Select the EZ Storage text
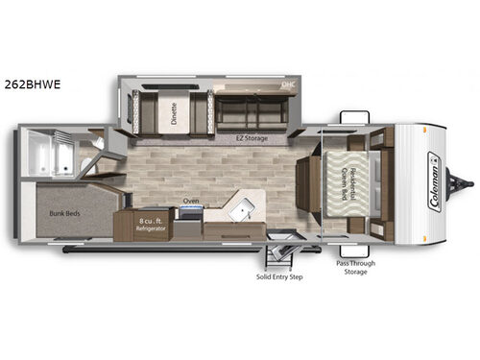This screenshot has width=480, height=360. click(x=246, y=138)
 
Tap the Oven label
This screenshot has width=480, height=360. click(x=190, y=202)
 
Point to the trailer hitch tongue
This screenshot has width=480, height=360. click(x=467, y=180)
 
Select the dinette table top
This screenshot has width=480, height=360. click(x=175, y=111)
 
